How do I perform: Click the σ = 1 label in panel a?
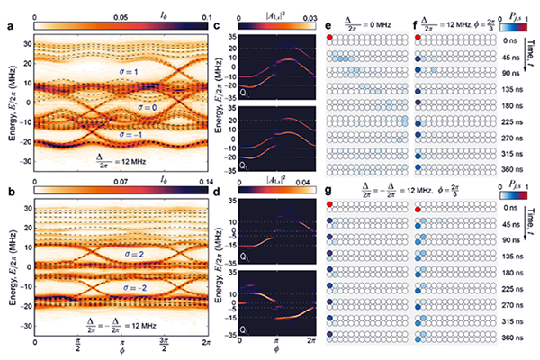tap(141, 70)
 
